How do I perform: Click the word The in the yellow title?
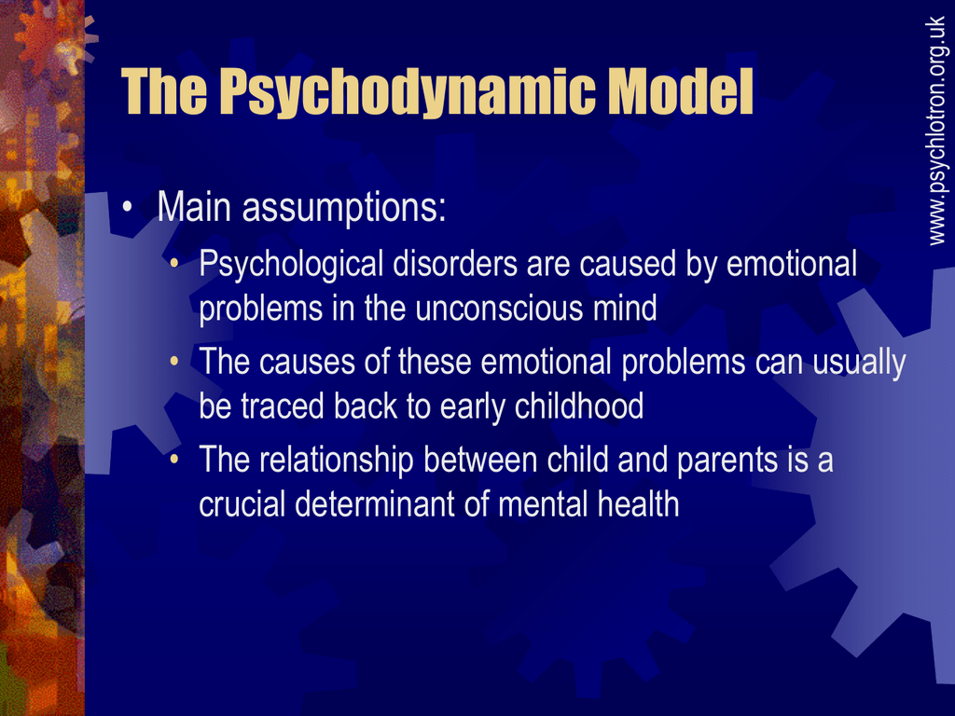(x=164, y=90)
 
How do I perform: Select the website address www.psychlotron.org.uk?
(x=936, y=131)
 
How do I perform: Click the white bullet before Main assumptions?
(x=127, y=206)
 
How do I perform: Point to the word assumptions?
(x=344, y=208)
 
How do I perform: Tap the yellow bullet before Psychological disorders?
(x=174, y=264)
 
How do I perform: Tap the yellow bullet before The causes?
(x=174, y=362)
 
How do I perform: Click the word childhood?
(x=578, y=406)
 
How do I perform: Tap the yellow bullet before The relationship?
(x=174, y=459)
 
